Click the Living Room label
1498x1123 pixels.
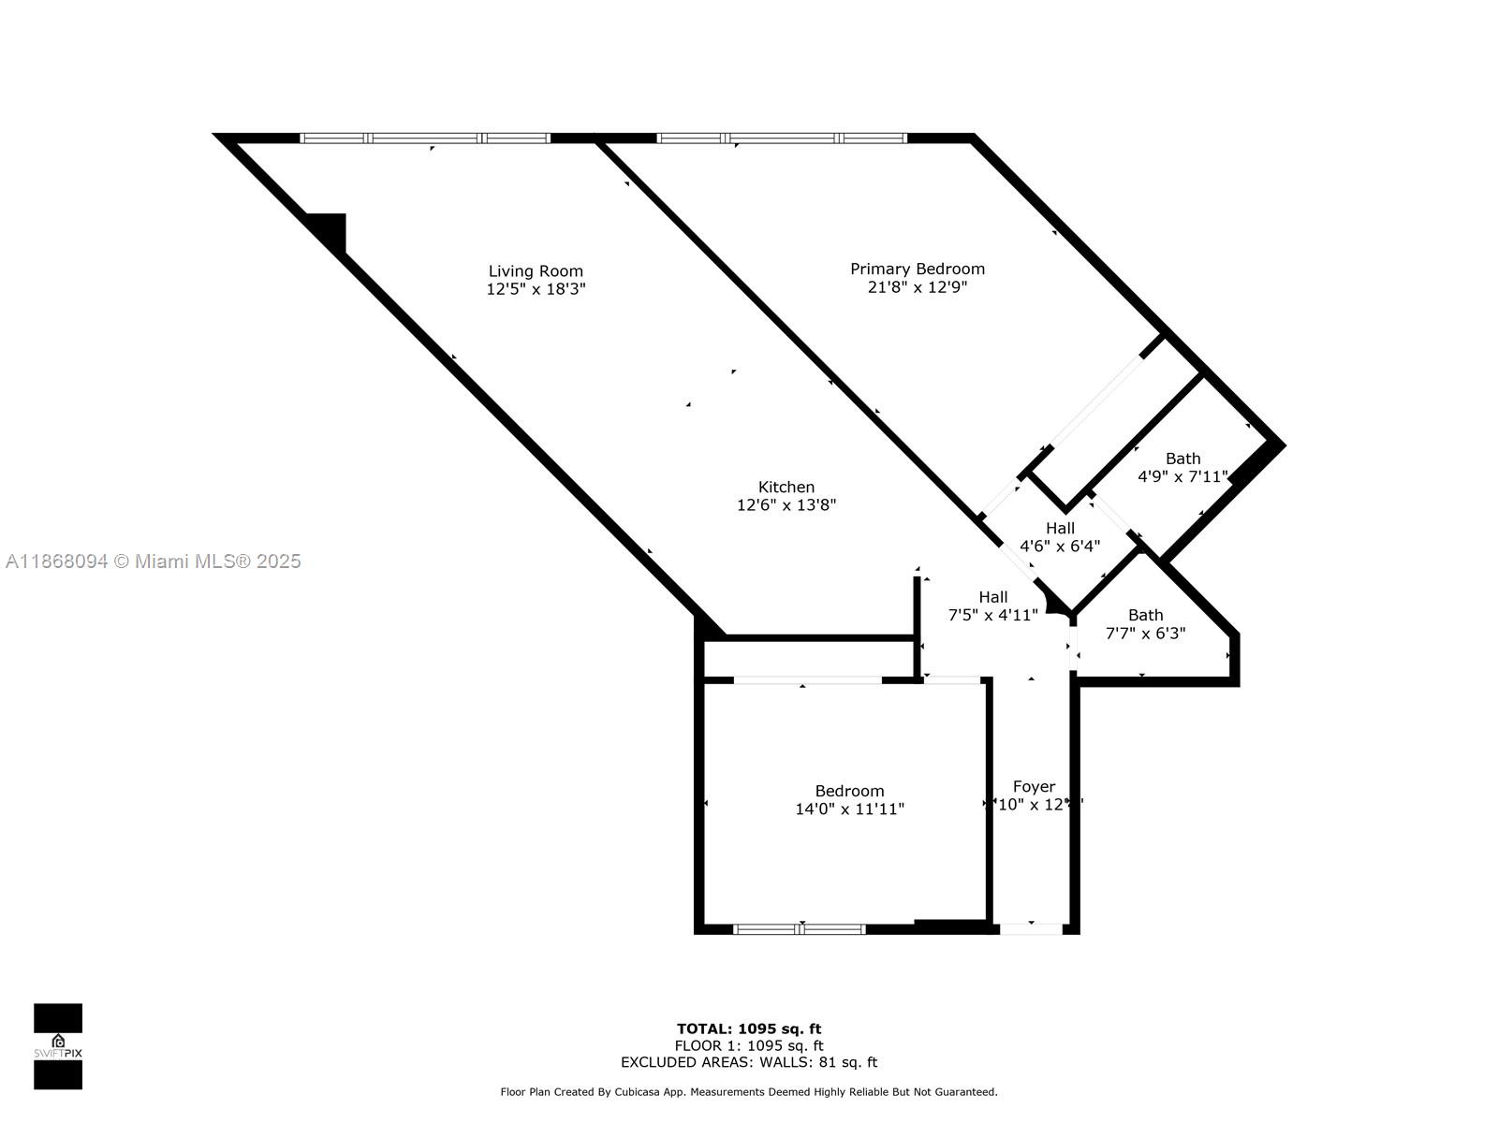536,271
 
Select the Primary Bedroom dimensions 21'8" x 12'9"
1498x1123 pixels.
918,287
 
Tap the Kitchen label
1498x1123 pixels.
786,487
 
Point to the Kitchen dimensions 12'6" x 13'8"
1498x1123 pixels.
786,505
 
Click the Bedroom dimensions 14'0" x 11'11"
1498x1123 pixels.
849,809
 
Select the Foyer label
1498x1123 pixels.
1034,787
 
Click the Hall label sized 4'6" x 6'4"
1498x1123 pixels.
1060,528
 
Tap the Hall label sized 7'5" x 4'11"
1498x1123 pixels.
993,597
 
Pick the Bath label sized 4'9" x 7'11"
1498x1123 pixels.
1182,459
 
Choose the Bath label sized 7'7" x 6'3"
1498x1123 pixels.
1145,615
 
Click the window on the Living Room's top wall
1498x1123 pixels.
425,139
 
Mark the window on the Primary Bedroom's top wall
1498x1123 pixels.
782,139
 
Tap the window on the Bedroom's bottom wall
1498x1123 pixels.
799,929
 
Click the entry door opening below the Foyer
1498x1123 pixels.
1031,929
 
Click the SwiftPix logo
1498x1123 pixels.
58,1046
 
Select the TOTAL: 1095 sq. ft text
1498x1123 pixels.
749,1029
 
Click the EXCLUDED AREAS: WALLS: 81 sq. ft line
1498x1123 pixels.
749,1062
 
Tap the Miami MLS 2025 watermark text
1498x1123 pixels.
154,561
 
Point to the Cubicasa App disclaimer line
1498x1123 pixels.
749,1092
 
